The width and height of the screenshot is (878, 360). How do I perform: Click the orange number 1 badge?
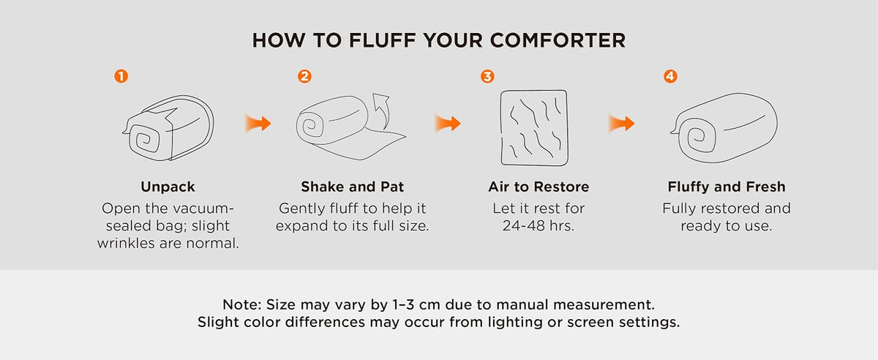point(121,76)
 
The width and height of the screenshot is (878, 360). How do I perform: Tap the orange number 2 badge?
point(304,76)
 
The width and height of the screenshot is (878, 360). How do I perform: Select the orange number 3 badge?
point(487,76)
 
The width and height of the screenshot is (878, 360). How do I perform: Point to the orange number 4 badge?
point(671,76)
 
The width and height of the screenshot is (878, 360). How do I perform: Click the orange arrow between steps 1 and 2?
point(258,124)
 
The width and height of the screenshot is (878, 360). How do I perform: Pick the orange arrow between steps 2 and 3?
point(448,124)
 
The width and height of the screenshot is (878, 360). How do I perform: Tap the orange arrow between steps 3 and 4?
point(622,124)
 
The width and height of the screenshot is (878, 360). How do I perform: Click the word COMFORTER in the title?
point(558,40)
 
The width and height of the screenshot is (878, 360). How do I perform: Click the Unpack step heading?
point(168,187)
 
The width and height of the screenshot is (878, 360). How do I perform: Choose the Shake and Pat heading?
point(353,187)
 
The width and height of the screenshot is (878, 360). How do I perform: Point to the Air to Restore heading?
point(539,187)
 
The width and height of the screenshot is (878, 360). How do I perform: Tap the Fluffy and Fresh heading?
point(727,187)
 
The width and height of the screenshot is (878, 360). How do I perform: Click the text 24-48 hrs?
point(539,226)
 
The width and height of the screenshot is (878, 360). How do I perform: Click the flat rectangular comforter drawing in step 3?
point(534,127)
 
